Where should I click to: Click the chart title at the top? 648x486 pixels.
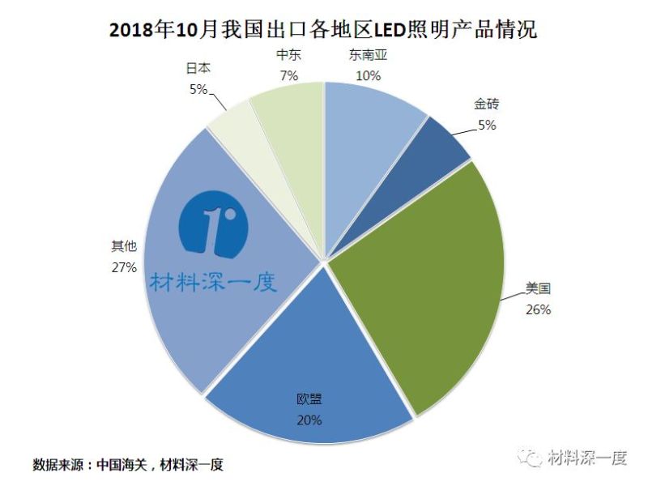pyautogui.click(x=323, y=30)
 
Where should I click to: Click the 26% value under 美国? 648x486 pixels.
pyautogui.click(x=538, y=309)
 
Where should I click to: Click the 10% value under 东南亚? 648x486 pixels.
pyautogui.click(x=368, y=75)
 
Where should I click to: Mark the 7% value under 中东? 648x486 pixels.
pyautogui.click(x=289, y=75)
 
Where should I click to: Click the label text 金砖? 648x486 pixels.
pyautogui.click(x=486, y=104)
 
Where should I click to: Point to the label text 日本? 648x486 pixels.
pyautogui.click(x=198, y=70)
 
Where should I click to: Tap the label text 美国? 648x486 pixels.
pyautogui.click(x=538, y=288)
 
